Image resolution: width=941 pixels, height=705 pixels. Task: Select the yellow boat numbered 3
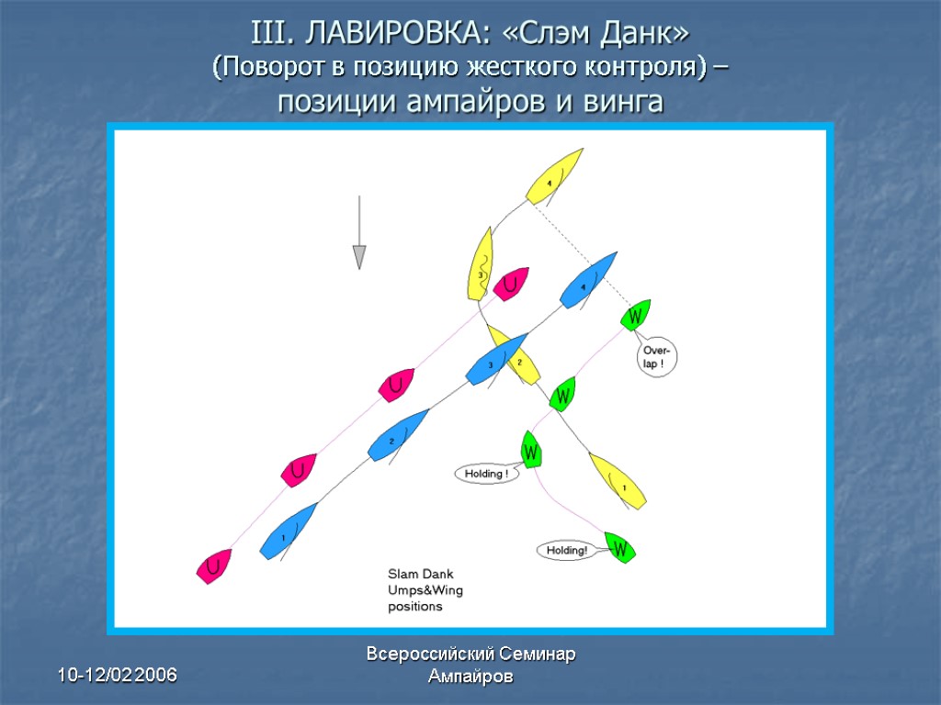point(480,264)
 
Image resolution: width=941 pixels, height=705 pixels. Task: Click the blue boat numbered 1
point(288,532)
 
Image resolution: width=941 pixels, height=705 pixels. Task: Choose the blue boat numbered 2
point(398,435)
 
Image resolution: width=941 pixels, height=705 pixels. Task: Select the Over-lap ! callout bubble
point(658,358)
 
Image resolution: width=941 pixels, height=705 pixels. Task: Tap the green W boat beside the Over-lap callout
point(635,315)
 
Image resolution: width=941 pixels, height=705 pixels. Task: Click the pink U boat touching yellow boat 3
point(511,284)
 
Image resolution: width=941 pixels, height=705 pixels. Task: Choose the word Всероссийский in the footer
point(431,655)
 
